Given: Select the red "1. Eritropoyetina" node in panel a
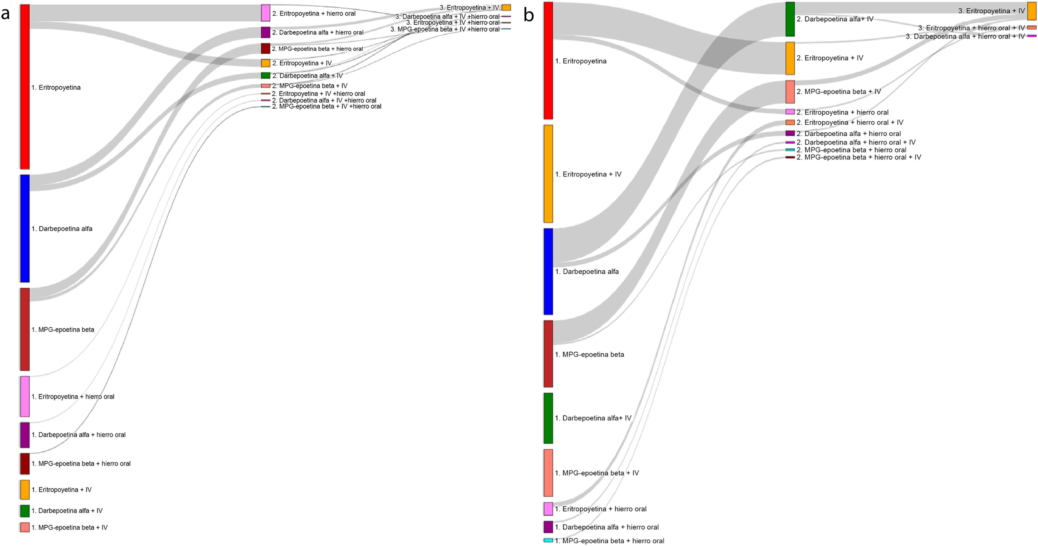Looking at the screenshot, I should pos(25,87).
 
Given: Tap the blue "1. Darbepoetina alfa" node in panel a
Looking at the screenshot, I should pos(25,228).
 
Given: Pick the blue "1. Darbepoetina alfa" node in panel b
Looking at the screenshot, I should pos(548,272).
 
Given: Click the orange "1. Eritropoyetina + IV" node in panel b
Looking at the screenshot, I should pos(548,174).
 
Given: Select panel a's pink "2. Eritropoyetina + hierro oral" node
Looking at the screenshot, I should pos(265,13).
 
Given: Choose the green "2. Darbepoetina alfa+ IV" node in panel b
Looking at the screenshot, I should pos(790,19).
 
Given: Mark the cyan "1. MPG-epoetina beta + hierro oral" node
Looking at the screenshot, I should pos(548,540).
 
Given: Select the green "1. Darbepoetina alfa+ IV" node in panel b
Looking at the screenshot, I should pos(548,418).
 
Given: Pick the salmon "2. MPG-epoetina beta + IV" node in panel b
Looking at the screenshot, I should pos(790,92).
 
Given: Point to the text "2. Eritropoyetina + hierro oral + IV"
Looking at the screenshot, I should pos(849,123).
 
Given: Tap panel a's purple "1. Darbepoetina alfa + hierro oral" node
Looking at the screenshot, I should pos(25,435).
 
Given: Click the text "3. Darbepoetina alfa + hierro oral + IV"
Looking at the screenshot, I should pos(965,36).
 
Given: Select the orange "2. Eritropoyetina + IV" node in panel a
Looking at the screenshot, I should pos(265,63).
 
